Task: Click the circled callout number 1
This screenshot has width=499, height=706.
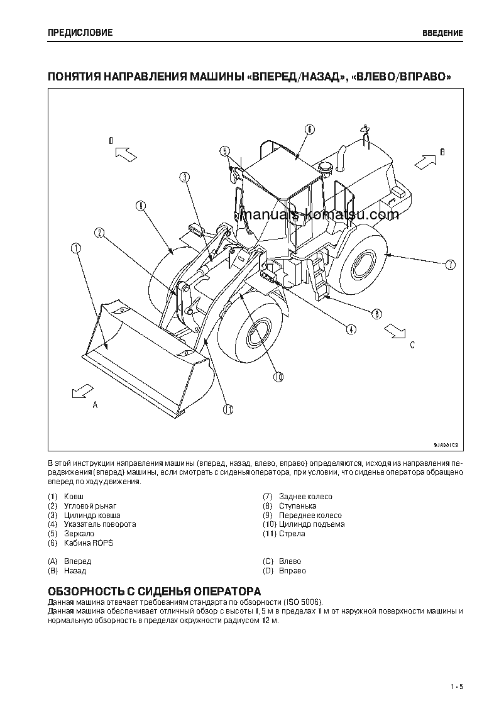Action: click(77, 248)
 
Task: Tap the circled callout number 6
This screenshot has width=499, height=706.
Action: click(309, 130)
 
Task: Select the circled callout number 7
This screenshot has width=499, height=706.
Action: click(450, 265)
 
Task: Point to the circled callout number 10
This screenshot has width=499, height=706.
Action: click(278, 377)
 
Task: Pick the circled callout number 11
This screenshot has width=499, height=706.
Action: click(228, 409)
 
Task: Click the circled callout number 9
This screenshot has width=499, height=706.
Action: click(140, 206)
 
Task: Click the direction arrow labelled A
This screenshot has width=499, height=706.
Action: click(79, 392)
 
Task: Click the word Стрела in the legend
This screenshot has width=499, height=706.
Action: click(292, 534)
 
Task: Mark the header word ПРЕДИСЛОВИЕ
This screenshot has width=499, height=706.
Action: click(80, 33)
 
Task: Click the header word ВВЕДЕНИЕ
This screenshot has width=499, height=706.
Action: click(442, 33)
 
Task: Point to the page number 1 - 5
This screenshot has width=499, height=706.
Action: click(456, 686)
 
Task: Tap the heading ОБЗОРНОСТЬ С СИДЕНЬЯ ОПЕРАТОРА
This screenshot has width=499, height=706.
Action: click(155, 592)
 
